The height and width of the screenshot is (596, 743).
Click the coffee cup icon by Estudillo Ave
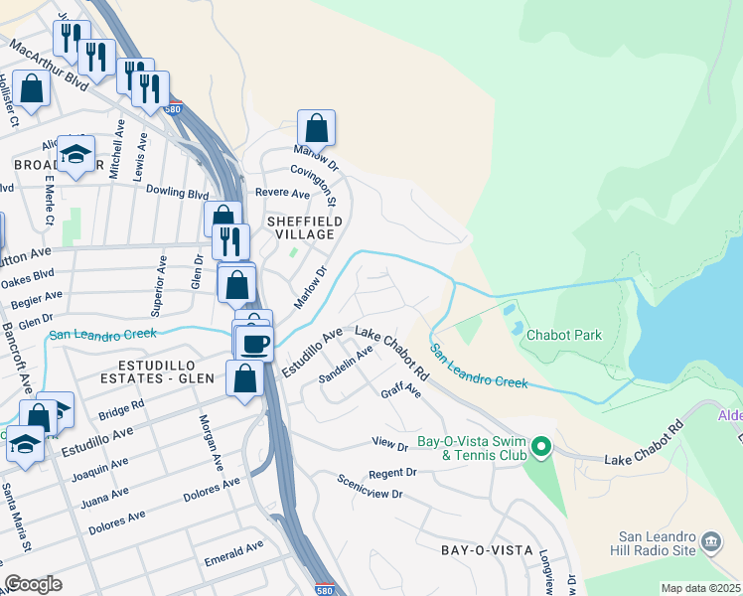point(254,343)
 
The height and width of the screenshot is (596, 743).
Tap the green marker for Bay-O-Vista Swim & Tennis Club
point(541,448)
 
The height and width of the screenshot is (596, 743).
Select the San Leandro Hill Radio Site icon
point(711,541)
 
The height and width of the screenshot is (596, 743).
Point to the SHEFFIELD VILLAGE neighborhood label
point(305,227)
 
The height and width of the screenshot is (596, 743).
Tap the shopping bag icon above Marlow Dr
point(316,128)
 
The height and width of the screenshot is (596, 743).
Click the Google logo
point(34,583)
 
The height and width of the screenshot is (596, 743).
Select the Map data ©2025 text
point(700,588)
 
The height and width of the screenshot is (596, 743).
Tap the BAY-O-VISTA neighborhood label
point(488,549)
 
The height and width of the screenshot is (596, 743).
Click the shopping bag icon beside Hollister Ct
point(32,89)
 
